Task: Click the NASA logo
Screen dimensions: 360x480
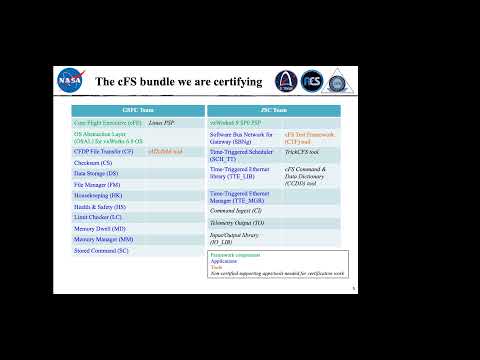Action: pyautogui.click(x=70, y=78)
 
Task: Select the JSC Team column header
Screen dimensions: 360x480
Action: pyautogui.click(x=273, y=110)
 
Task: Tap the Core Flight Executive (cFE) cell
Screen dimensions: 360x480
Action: pyautogui.click(x=106, y=121)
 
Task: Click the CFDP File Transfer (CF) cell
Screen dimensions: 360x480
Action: pyautogui.click(x=103, y=151)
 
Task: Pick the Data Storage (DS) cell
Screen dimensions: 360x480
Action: pyautogui.click(x=96, y=172)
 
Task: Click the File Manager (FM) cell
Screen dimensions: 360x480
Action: pyautogui.click(x=96, y=184)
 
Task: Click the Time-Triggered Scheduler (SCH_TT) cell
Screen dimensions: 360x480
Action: pyautogui.click(x=241, y=154)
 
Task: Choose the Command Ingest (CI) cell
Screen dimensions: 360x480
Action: pyautogui.click(x=236, y=211)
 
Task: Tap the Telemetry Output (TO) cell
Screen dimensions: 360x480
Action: pyautogui.click(x=237, y=224)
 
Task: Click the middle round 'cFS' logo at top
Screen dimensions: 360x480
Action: pyautogui.click(x=311, y=78)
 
